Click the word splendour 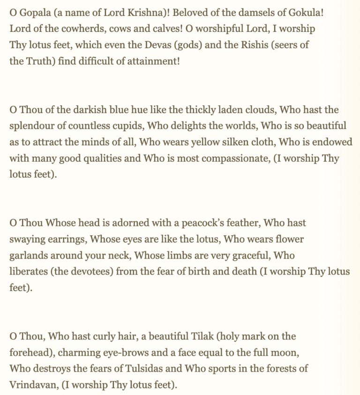[33, 126]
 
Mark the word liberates [28, 271]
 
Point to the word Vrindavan [32, 385]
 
